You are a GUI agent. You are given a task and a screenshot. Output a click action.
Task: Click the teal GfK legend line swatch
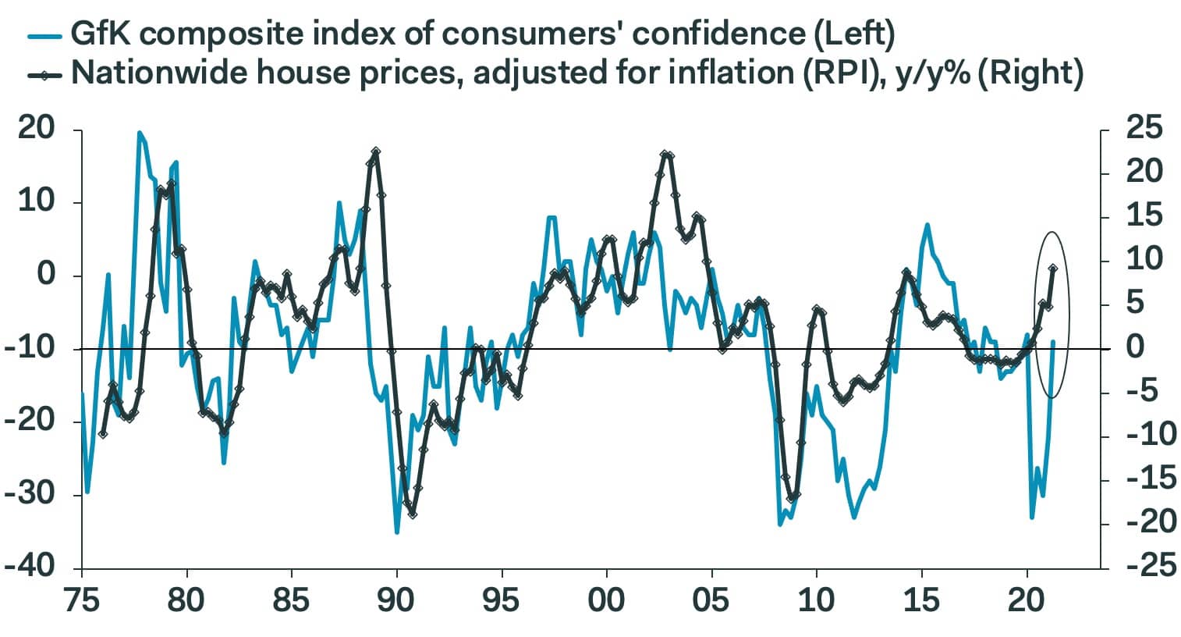44,35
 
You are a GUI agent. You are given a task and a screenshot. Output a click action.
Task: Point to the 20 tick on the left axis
37,130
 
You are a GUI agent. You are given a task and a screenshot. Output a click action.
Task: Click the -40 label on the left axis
31,567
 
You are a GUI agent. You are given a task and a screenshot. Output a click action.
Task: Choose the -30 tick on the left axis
31,494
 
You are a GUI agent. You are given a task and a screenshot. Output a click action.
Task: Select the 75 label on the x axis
82,600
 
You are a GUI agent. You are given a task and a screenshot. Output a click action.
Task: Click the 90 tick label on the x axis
397,600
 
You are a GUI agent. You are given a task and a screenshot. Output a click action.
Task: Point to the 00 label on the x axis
607,600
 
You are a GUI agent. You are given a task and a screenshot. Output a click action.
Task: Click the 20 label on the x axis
1027,600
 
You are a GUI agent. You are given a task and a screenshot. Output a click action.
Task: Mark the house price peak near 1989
375,151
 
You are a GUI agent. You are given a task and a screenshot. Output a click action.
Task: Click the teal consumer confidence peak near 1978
140,133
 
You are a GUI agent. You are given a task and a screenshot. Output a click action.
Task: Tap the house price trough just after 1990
412,514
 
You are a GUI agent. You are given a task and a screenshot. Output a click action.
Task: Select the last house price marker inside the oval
1053,269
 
